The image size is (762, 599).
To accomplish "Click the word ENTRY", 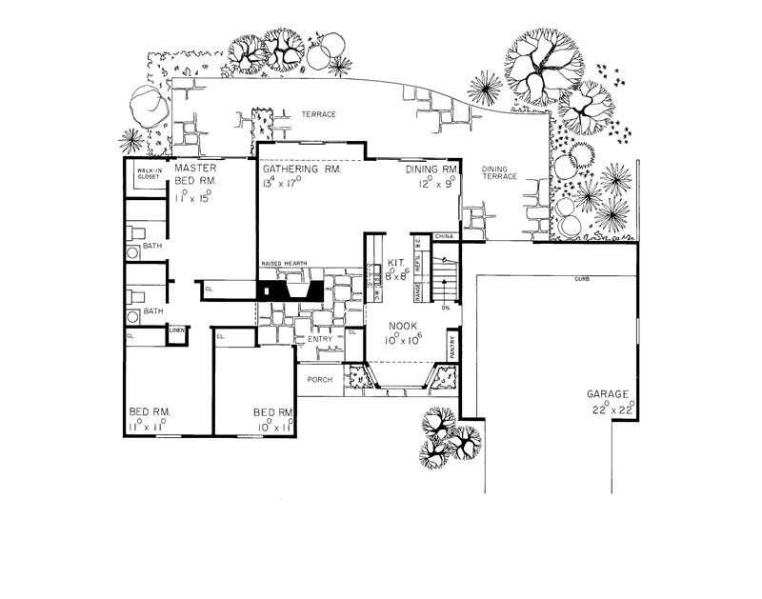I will click(x=319, y=339).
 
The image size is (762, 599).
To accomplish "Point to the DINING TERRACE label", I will click(x=499, y=171).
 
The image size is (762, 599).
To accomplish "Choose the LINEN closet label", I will click(x=177, y=330).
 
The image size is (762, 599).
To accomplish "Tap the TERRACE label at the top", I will click(x=319, y=114).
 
